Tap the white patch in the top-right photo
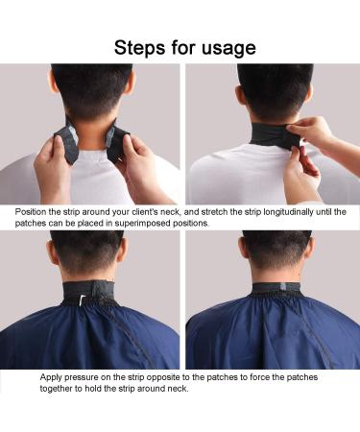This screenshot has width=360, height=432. pyautogui.click(x=300, y=145)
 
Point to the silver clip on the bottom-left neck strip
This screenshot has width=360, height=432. pyautogui.click(x=83, y=299)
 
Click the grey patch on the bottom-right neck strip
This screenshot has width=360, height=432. pyautogui.click(x=284, y=287)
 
